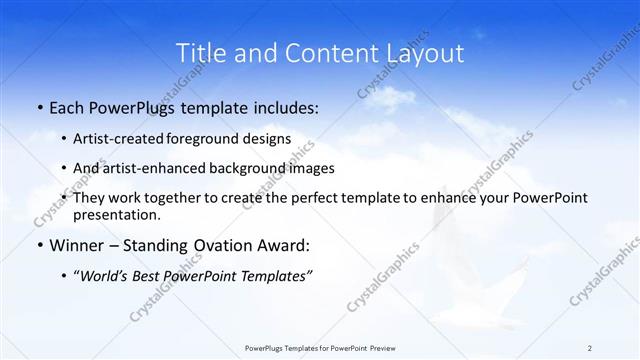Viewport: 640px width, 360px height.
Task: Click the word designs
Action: pyautogui.click(x=268, y=139)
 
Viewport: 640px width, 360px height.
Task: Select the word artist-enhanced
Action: pyautogui.click(x=150, y=168)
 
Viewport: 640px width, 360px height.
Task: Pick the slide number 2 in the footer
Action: pyautogui.click(x=589, y=348)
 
